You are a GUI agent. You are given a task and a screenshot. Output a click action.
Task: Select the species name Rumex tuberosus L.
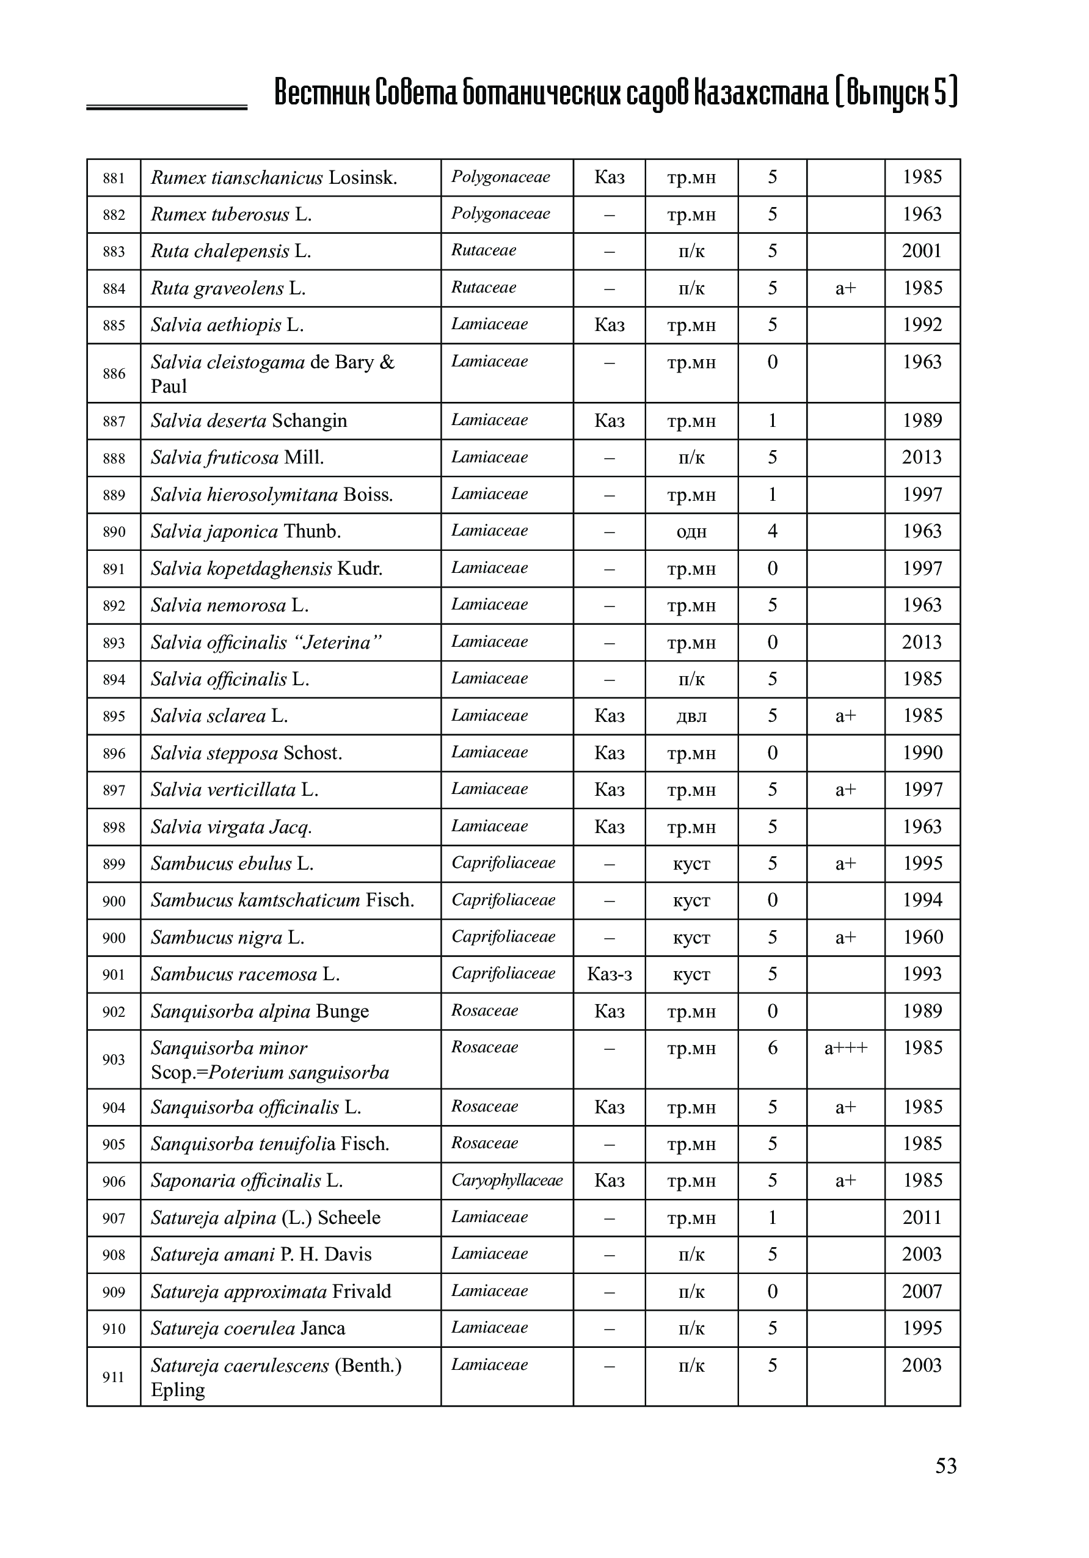231,214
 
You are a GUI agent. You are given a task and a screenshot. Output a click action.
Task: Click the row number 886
114,373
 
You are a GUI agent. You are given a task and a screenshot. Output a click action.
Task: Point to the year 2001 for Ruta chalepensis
922,251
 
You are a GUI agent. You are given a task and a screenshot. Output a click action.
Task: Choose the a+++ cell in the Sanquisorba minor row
845,1047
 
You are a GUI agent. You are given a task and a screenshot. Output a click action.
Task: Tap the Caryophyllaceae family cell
507,1180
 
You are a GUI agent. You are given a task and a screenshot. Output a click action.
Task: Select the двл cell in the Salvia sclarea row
691,716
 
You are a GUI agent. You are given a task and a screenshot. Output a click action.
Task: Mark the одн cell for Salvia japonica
691,531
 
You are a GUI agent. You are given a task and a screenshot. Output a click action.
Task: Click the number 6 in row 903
772,1047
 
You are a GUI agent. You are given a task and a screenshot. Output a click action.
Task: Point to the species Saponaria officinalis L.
247,1181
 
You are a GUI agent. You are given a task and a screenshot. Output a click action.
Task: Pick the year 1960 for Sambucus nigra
922,937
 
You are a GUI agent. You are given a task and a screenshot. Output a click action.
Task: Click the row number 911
114,1377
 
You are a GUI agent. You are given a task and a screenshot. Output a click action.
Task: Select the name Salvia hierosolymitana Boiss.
272,495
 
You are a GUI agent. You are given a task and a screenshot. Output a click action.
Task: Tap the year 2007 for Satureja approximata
922,1291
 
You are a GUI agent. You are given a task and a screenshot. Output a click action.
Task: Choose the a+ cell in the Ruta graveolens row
845,288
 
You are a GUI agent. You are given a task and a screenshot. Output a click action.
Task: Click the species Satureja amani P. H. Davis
261,1254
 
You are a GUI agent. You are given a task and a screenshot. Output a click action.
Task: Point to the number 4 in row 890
772,531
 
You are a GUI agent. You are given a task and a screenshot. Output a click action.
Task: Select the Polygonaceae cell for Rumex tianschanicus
501,177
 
